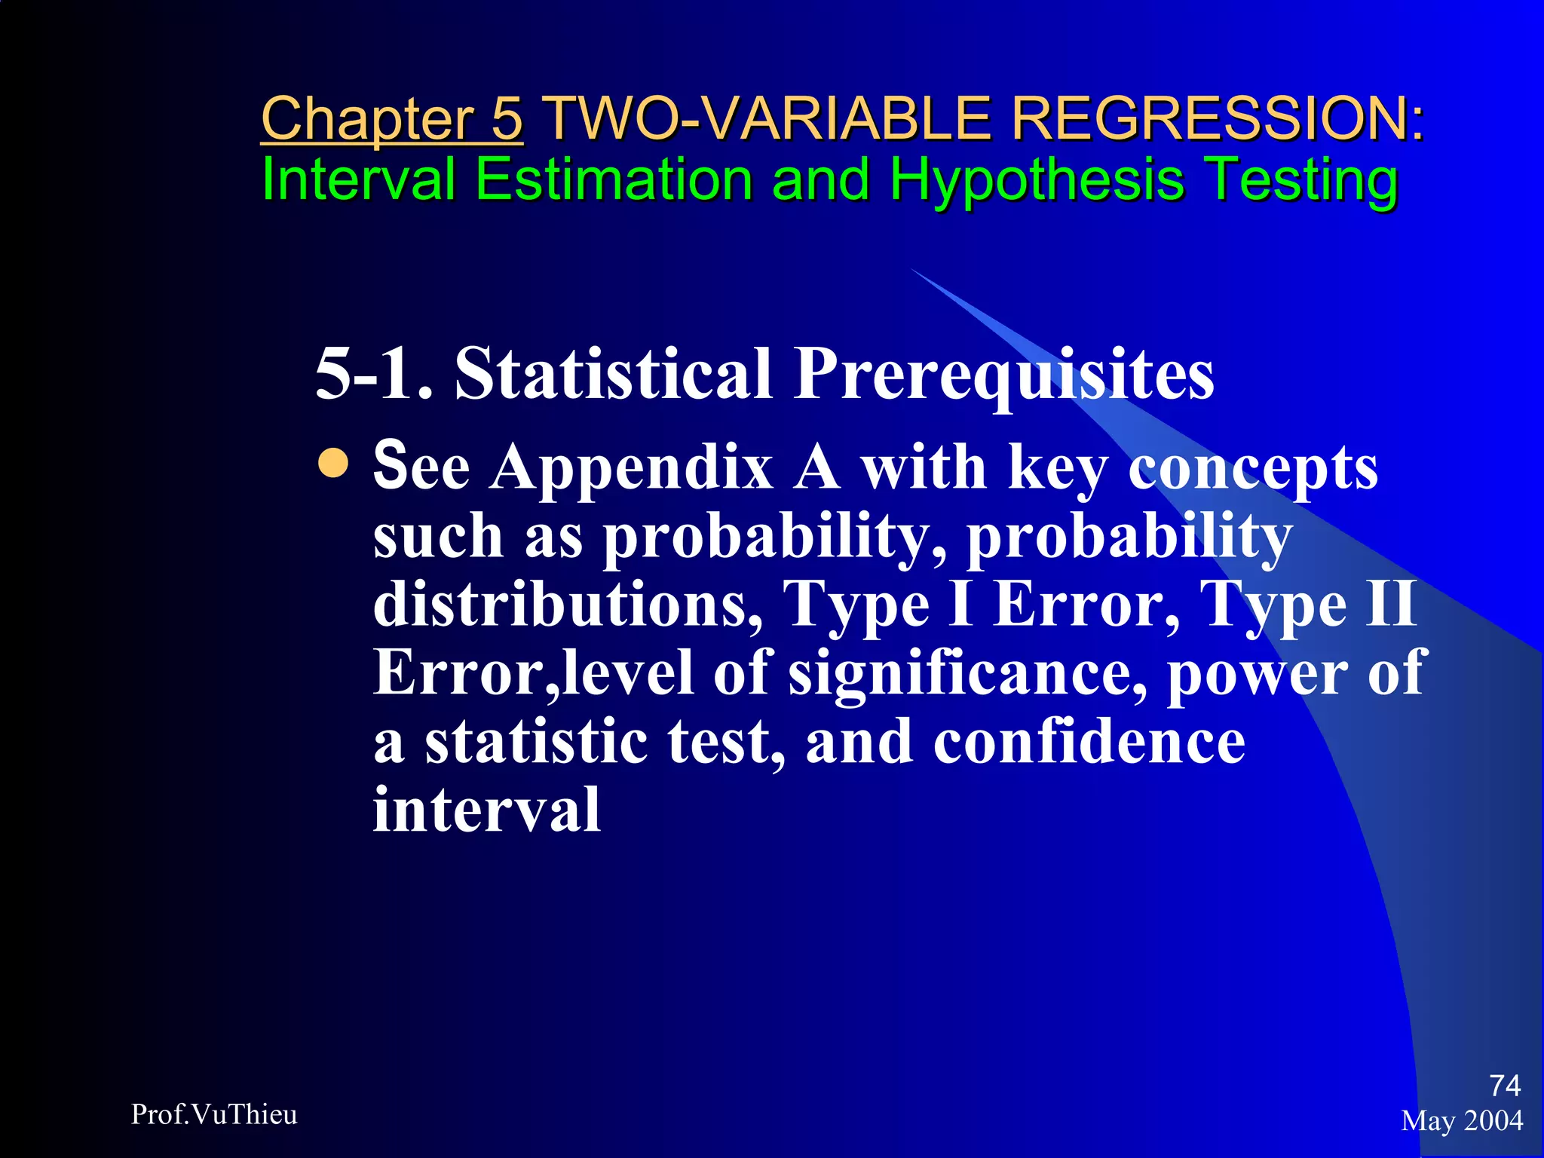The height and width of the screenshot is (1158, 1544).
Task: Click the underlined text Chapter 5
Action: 391,118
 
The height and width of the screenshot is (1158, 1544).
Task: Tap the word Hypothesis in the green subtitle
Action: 1037,181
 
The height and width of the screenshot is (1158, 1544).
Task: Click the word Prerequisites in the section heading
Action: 1003,375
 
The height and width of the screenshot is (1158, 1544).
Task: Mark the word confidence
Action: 1089,741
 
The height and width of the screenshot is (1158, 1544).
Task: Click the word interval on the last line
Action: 487,810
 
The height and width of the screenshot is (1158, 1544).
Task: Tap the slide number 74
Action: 1505,1086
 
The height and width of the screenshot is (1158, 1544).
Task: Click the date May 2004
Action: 1462,1121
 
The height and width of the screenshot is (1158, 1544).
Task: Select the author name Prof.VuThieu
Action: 214,1114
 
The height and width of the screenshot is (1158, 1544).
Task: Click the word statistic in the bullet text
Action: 536,741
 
